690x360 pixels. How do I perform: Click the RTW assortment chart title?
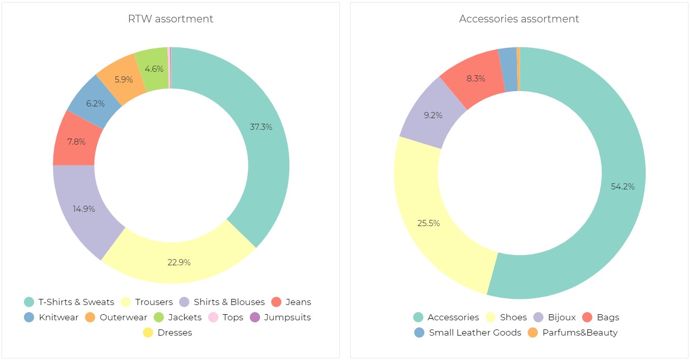[170, 19]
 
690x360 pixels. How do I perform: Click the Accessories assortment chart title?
[519, 19]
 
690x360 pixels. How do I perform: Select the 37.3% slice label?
[261, 127]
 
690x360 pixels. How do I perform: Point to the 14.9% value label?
[84, 209]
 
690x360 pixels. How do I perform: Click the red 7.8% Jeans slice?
[76, 141]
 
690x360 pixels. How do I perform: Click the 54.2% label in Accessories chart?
[622, 186]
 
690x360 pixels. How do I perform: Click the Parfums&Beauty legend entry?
[574, 333]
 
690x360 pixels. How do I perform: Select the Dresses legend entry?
[168, 333]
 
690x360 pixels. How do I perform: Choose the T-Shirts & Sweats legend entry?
[70, 302]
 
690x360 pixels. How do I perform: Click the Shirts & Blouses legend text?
[229, 302]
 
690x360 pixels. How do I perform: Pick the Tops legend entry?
[226, 317]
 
